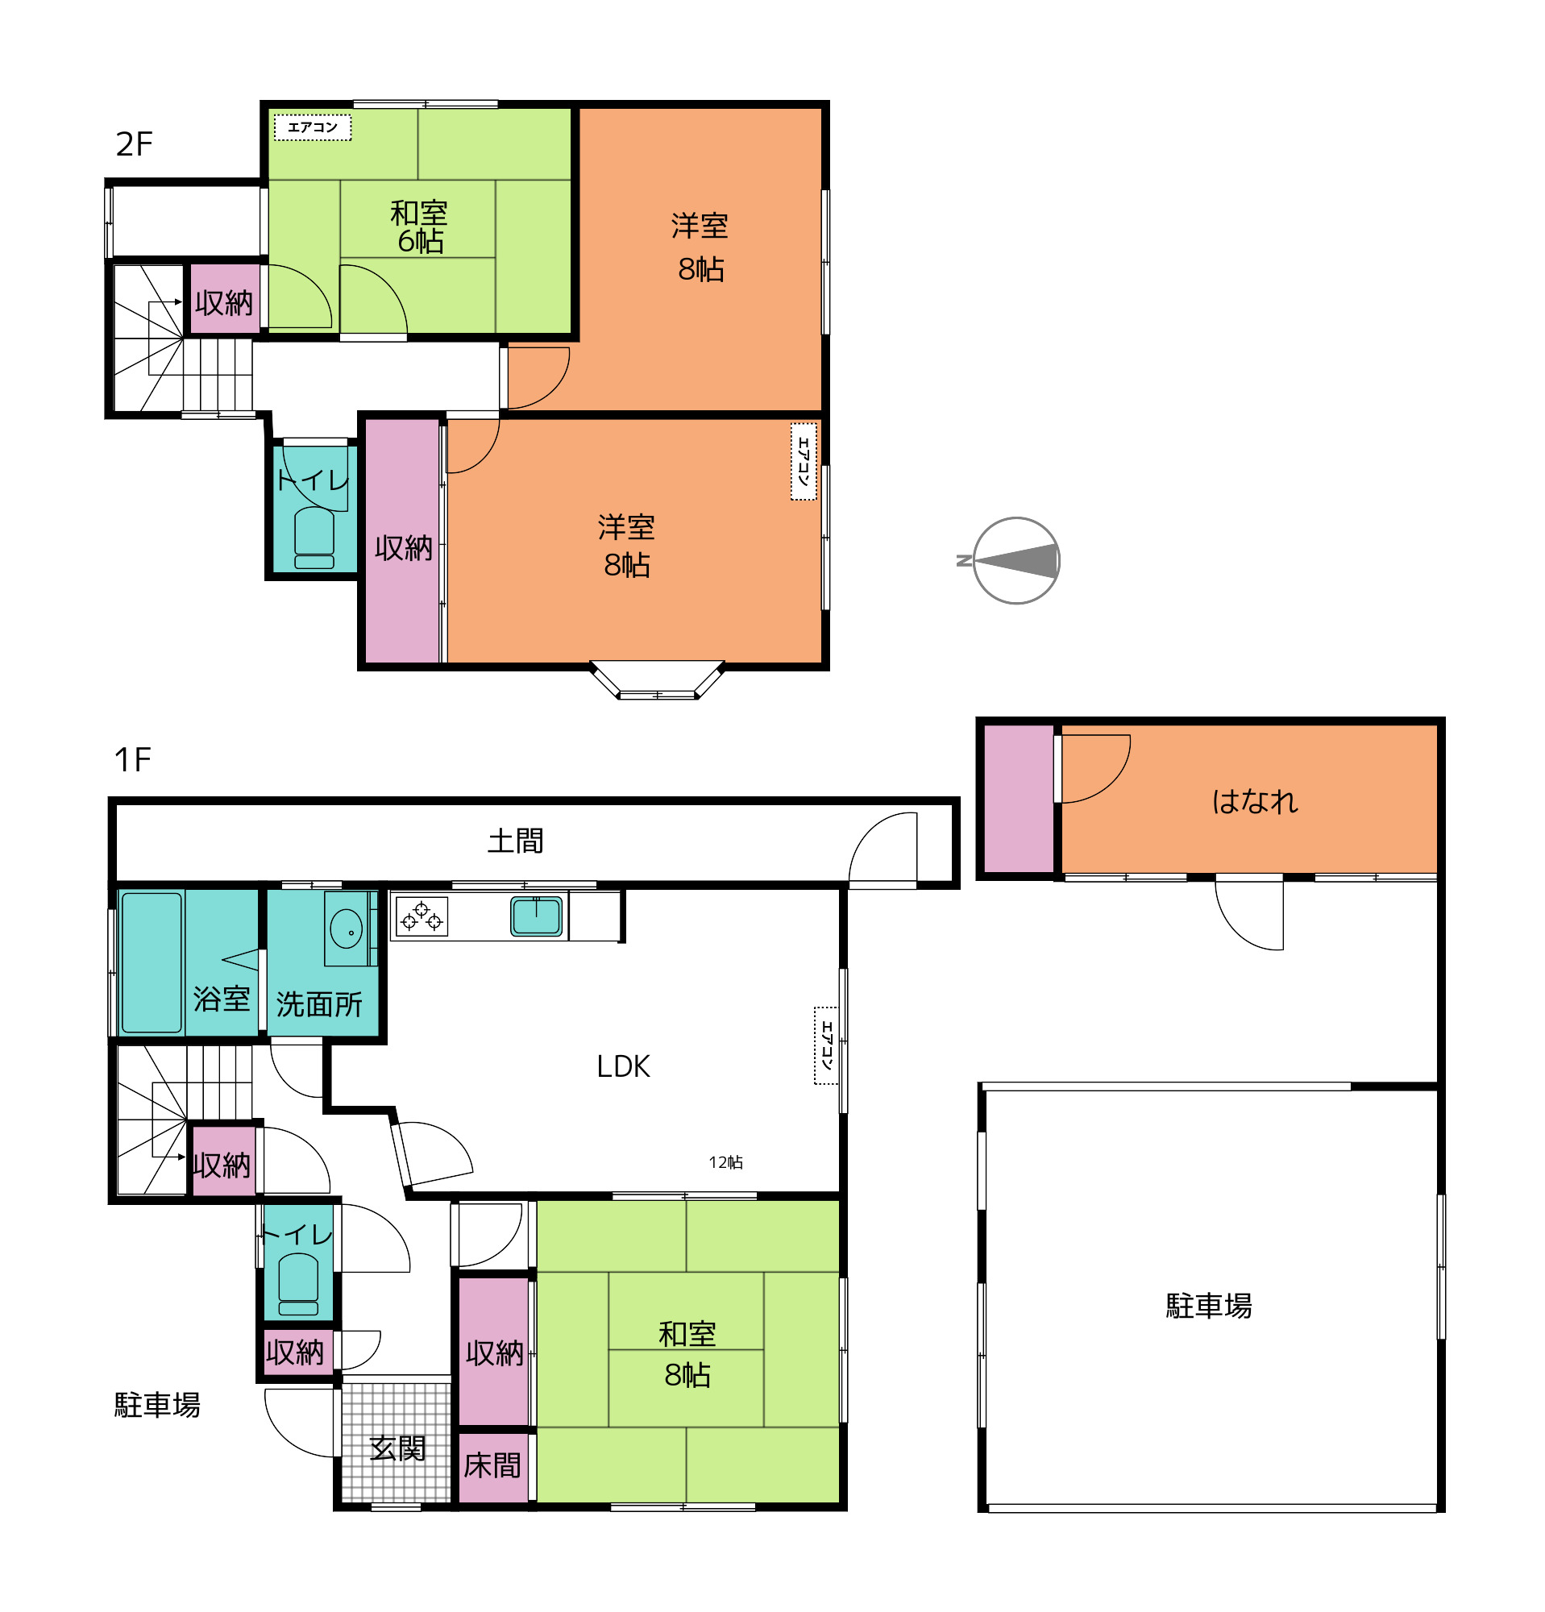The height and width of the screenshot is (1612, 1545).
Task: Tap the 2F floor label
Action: pyautogui.click(x=134, y=144)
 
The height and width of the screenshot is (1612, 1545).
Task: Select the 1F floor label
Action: pyautogui.click(x=131, y=759)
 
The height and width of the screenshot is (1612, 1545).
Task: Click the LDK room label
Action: pyautogui.click(x=622, y=1066)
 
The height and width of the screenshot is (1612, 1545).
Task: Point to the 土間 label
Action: pyautogui.click(x=515, y=841)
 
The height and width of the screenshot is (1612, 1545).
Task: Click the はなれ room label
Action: pyautogui.click(x=1254, y=801)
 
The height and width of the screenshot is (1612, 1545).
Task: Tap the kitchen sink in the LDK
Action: pyautogui.click(x=536, y=916)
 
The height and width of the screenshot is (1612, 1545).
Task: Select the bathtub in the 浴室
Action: pyautogui.click(x=152, y=962)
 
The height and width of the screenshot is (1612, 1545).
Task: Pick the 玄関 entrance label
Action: pyautogui.click(x=397, y=1448)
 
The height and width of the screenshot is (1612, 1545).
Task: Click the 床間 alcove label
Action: pyautogui.click(x=492, y=1465)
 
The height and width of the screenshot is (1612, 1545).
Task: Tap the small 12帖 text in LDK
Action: pyautogui.click(x=725, y=1162)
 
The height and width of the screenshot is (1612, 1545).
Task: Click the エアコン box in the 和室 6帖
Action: pyautogui.click(x=313, y=127)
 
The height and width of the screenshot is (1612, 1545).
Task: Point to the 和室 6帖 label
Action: pyautogui.click(x=418, y=227)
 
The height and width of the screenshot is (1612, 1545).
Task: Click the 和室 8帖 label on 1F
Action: pyautogui.click(x=687, y=1354)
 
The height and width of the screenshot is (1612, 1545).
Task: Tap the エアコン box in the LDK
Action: pyautogui.click(x=825, y=1045)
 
